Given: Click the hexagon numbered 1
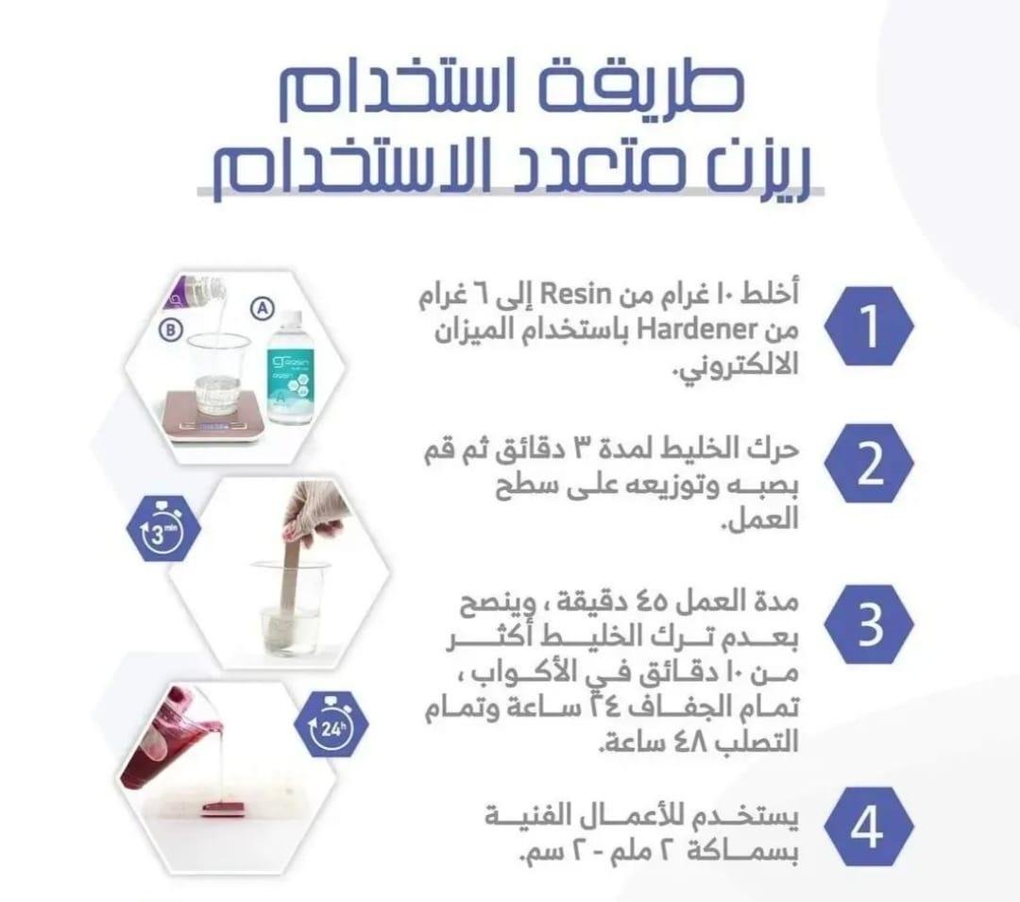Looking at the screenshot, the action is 869,326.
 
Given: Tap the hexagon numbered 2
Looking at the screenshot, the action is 869,464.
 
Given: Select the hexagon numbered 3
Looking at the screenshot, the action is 869,623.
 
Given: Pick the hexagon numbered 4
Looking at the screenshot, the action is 869,826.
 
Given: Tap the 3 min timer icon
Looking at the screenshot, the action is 163,527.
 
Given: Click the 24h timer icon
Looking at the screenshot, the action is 331,723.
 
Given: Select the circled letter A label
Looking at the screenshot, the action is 263,308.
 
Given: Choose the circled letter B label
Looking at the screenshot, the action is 170,330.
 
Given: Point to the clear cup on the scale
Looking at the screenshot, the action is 218,375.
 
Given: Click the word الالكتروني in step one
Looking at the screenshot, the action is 739,367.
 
